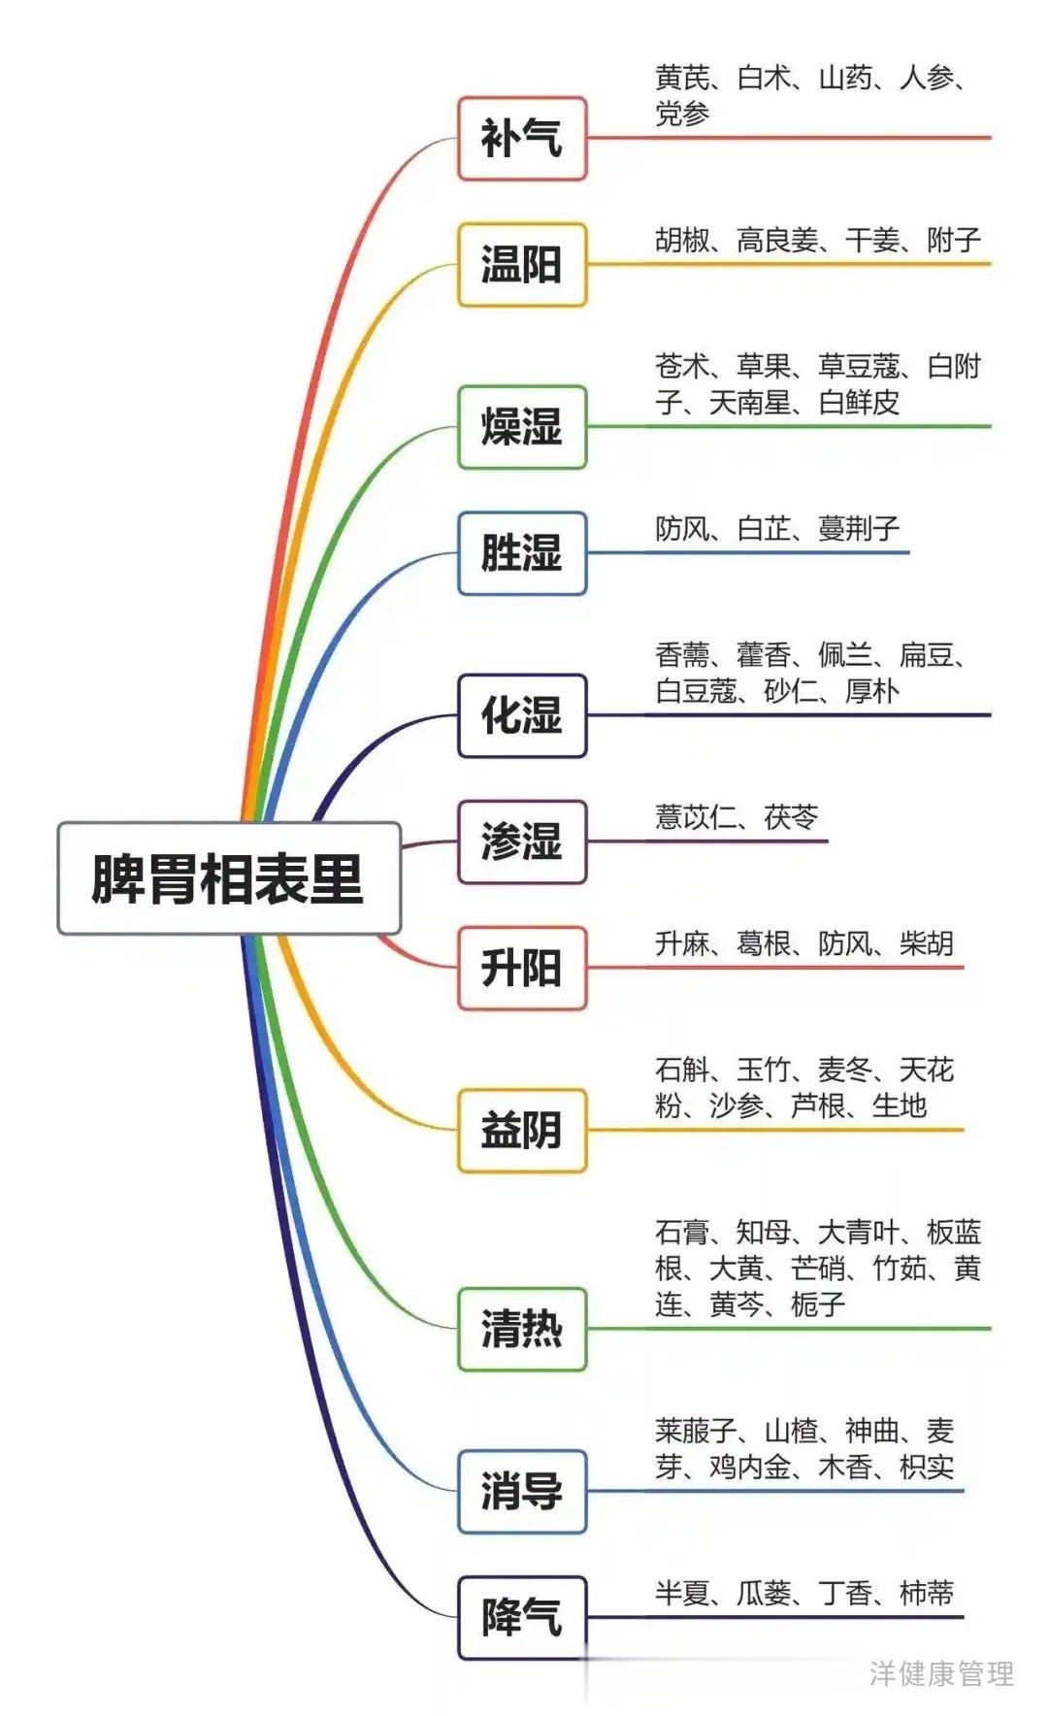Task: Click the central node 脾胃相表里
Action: pos(229,878)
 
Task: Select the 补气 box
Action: pos(522,138)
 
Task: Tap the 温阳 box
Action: pos(522,264)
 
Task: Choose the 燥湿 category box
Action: pos(522,427)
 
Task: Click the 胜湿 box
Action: pos(522,553)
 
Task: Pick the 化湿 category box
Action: pos(522,715)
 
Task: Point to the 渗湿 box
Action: pos(522,841)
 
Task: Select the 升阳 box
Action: pos(522,968)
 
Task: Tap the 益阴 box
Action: pos(522,1130)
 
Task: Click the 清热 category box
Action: pos(522,1329)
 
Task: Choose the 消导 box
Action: pos(522,1491)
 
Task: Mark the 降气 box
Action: pos(522,1617)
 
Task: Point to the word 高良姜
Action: pos(777,240)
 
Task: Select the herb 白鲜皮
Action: pos(859,402)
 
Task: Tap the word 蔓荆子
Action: pos(859,528)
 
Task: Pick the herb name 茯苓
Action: pos(791,817)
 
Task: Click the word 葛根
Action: pos(764,943)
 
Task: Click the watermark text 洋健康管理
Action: pos(941,1673)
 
